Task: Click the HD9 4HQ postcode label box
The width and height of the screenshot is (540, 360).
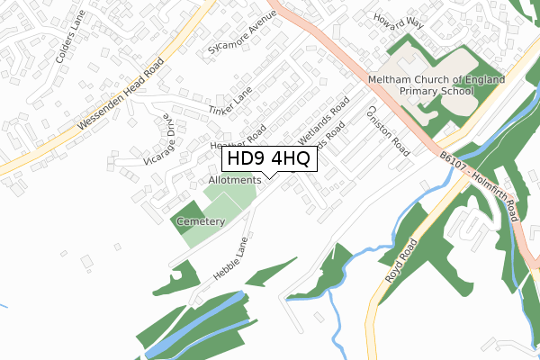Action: pos(268,159)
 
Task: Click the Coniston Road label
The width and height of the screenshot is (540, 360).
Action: pos(388,131)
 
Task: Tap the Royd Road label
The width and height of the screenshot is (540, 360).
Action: pos(400,262)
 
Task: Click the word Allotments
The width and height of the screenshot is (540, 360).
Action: pos(235,180)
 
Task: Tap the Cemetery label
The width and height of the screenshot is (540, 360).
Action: pos(200,221)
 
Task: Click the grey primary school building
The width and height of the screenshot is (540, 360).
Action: pos(405,76)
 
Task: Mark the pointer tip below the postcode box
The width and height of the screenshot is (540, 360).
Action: pos(268,176)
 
